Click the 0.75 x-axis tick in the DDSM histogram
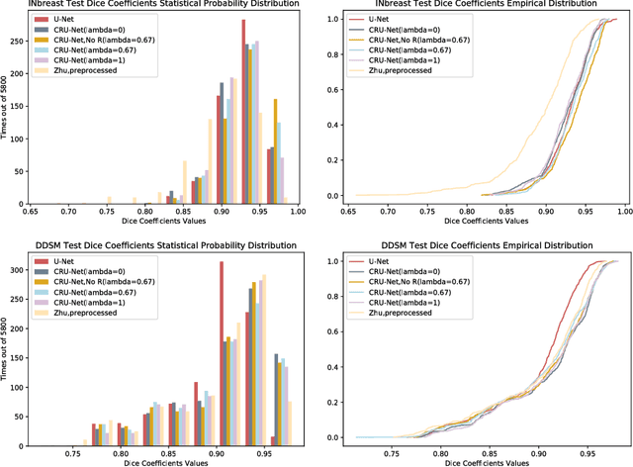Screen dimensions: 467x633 tap(73, 450)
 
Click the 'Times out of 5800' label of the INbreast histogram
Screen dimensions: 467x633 tap(6, 108)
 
